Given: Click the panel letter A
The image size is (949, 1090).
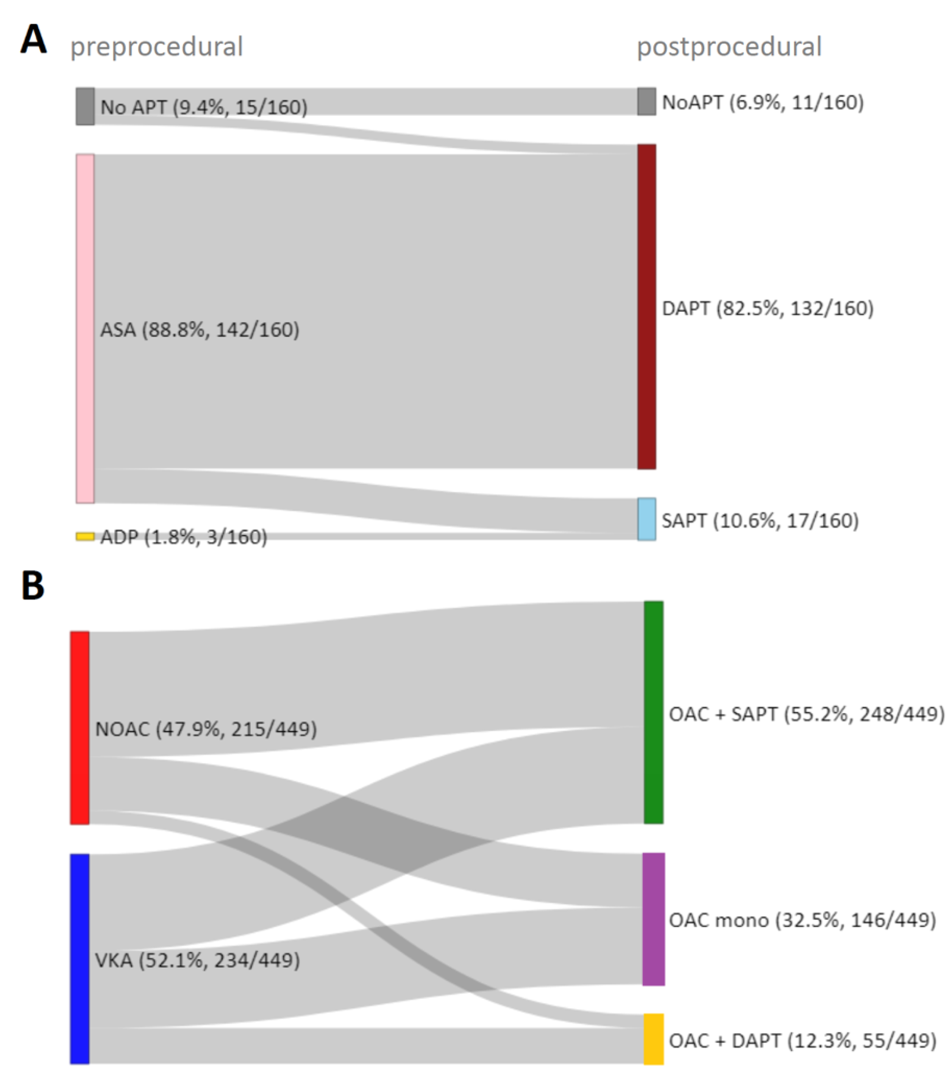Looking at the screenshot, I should click(33, 40).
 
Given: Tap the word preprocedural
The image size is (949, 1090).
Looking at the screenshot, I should click(156, 47).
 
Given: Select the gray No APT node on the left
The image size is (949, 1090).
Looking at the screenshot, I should click(85, 107).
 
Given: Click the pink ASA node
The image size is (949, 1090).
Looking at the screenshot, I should click(85, 328).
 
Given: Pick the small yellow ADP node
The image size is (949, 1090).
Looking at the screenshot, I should click(85, 536).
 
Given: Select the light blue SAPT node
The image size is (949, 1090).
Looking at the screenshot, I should click(646, 519).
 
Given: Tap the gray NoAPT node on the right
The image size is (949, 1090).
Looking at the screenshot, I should click(646, 102).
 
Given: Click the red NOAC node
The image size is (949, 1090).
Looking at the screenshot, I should click(80, 727).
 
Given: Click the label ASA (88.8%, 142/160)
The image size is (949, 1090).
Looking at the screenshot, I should click(200, 330).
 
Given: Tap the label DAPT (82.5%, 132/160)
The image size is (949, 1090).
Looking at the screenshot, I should click(767, 308).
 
